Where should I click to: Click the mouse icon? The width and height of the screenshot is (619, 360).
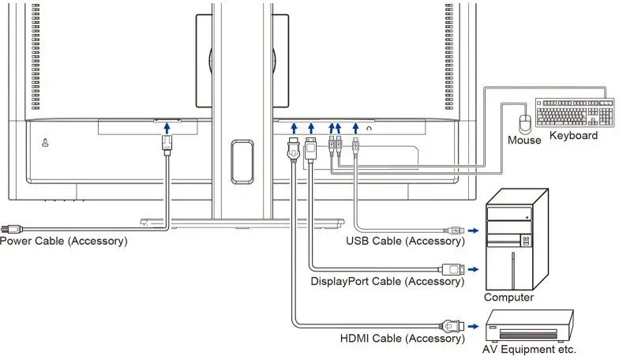(x=525, y=124)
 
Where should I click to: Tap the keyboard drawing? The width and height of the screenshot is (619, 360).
(x=575, y=112)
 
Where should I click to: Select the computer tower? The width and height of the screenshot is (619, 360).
(x=516, y=239)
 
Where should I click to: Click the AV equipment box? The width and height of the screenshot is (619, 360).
(x=529, y=325)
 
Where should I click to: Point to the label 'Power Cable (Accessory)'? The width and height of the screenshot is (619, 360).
(x=63, y=241)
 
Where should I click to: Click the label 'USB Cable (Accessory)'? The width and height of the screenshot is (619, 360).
(x=406, y=241)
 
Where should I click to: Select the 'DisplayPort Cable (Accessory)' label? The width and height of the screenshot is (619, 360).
(x=387, y=281)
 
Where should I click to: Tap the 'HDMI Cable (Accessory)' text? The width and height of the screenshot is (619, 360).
(x=403, y=338)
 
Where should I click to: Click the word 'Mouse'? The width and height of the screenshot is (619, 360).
(x=524, y=141)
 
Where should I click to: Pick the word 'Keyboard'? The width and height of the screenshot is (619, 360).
(x=573, y=136)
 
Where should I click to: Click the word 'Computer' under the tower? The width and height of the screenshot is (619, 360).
(x=508, y=297)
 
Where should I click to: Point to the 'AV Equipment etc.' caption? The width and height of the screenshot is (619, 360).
(x=529, y=349)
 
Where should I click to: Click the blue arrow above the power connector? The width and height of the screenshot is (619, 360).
(x=167, y=128)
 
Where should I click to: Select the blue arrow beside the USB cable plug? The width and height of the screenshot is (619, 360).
(x=473, y=231)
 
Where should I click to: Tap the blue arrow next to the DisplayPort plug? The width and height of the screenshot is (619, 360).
(x=473, y=270)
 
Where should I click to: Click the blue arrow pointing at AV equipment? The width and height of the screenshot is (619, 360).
(x=473, y=327)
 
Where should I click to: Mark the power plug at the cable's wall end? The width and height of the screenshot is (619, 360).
(x=11, y=229)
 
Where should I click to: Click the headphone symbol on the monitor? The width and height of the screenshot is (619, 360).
(x=370, y=128)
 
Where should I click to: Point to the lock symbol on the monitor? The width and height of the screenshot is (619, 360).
(x=46, y=142)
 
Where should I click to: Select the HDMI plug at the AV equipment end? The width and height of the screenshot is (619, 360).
(x=452, y=326)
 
